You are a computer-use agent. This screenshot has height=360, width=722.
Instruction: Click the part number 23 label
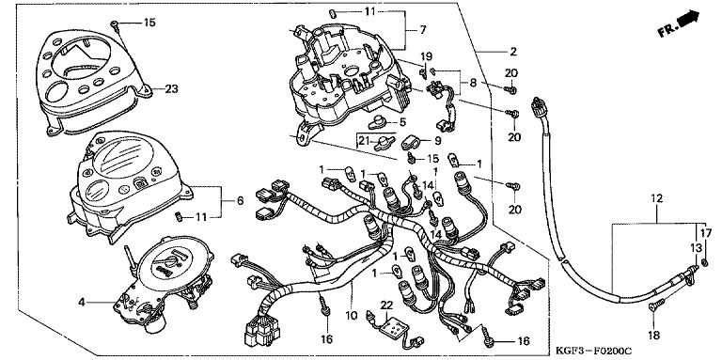pyautogui.click(x=171, y=89)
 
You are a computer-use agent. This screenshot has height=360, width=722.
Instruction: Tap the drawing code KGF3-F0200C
pyautogui.click(x=593, y=351)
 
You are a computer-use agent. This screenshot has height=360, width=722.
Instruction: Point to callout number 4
pyautogui.click(x=82, y=303)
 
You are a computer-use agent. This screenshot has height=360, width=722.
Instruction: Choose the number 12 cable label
pyautogui.click(x=656, y=199)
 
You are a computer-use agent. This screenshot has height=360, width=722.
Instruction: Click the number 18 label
pyautogui.click(x=654, y=336)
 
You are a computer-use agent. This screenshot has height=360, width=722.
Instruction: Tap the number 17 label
pyautogui.click(x=706, y=233)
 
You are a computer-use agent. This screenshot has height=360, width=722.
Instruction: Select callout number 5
pyautogui.click(x=402, y=122)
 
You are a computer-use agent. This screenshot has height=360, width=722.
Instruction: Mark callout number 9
pyautogui.click(x=437, y=141)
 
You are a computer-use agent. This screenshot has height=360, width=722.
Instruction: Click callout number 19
pyautogui.click(x=427, y=56)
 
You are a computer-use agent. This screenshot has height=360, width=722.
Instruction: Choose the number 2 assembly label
pyautogui.click(x=513, y=52)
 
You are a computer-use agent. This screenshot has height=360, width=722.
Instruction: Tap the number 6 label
pyautogui.click(x=240, y=201)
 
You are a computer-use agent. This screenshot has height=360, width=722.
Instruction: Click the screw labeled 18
pyautogui.click(x=657, y=305)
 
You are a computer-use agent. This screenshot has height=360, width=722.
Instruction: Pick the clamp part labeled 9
pyautogui.click(x=411, y=143)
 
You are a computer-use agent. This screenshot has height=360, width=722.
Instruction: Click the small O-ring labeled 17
pyautogui.click(x=705, y=263)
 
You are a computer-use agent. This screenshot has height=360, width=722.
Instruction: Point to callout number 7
pyautogui.click(x=423, y=30)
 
